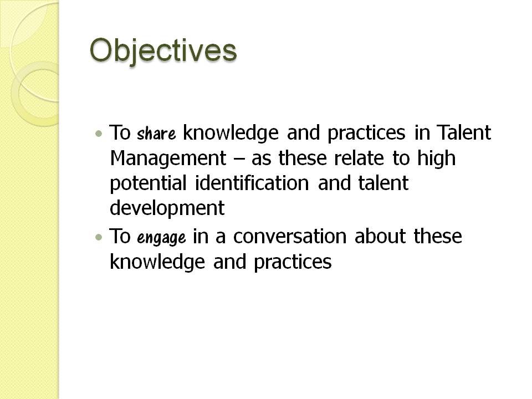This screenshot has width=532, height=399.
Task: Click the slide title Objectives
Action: click(163, 51)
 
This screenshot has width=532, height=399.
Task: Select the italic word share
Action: click(156, 134)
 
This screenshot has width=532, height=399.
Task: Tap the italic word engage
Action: click(161, 238)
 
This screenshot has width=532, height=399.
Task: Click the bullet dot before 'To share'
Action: click(99, 134)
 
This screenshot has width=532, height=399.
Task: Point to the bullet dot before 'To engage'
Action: click(99, 237)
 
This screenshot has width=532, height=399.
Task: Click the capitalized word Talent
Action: click(464, 133)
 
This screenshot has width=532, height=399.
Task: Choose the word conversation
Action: click(290, 237)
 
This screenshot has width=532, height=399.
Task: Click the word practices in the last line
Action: click(293, 262)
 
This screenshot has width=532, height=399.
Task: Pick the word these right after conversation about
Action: click(438, 237)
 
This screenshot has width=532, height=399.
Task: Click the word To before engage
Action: click(120, 237)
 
